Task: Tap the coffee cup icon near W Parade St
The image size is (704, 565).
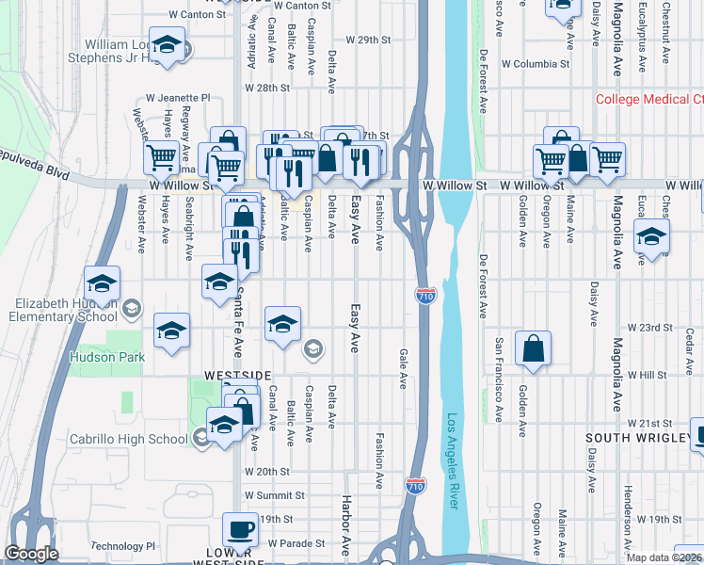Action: tap(239, 529)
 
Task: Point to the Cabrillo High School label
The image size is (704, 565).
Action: tap(129, 439)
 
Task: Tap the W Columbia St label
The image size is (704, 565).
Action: tap(536, 65)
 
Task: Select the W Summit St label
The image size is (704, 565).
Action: tap(275, 495)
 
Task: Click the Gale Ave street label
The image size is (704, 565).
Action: tap(403, 368)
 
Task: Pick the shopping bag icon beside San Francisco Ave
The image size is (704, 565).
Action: tap(534, 348)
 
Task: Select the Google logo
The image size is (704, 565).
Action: tap(31, 554)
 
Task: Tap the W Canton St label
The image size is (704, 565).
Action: tap(197, 15)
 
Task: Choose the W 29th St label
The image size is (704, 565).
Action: tap(367, 40)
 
